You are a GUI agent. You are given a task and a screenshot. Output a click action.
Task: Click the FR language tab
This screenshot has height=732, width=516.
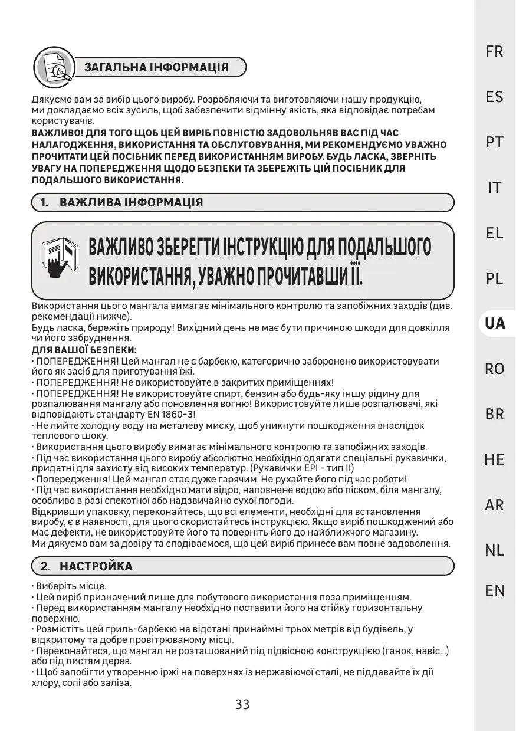click(494, 52)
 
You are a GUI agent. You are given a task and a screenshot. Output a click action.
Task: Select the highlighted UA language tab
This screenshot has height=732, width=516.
click(494, 323)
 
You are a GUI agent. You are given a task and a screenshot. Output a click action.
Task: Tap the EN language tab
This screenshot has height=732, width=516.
click(494, 590)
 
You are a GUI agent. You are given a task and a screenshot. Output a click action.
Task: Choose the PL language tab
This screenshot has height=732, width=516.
click(494, 278)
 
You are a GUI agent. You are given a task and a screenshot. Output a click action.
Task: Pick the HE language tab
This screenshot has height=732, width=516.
click(494, 459)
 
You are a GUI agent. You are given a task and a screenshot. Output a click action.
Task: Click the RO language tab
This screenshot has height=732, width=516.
click(494, 369)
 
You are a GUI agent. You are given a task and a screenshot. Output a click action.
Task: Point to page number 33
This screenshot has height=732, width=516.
click(242, 704)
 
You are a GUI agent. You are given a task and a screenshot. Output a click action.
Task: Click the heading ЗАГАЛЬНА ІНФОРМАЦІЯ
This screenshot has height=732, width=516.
click(156, 67)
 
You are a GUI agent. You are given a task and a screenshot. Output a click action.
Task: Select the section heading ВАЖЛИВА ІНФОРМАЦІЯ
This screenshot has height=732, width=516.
click(131, 203)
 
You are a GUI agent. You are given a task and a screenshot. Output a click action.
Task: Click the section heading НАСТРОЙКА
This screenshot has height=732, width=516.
click(96, 567)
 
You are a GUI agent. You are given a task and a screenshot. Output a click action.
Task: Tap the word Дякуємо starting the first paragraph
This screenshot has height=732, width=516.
click(50, 100)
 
